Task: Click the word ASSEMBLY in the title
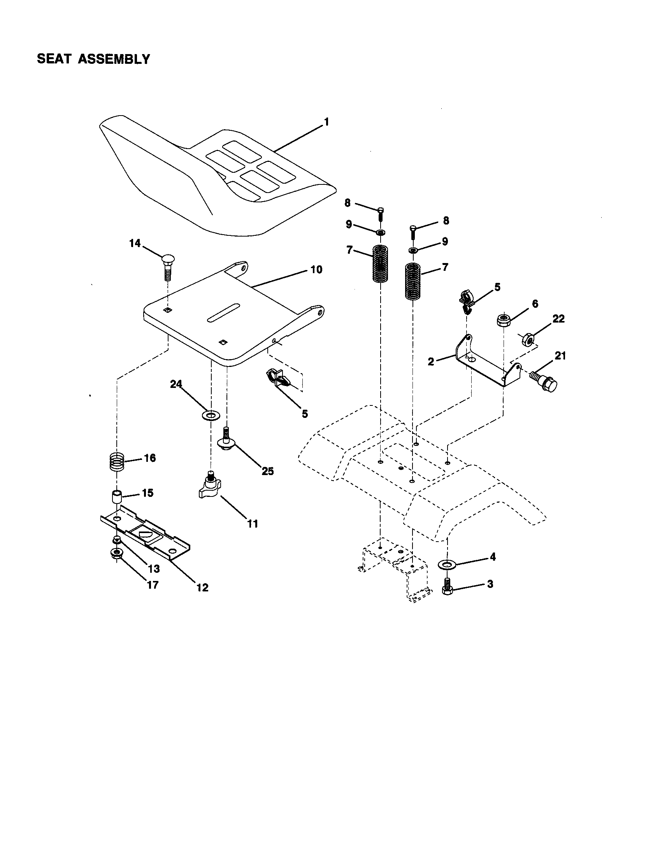[x=114, y=59]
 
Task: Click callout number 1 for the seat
[x=326, y=122]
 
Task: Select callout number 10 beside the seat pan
[x=316, y=269]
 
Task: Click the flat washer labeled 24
[x=211, y=415]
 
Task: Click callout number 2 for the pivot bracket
[x=431, y=361]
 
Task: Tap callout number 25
[x=268, y=471]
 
